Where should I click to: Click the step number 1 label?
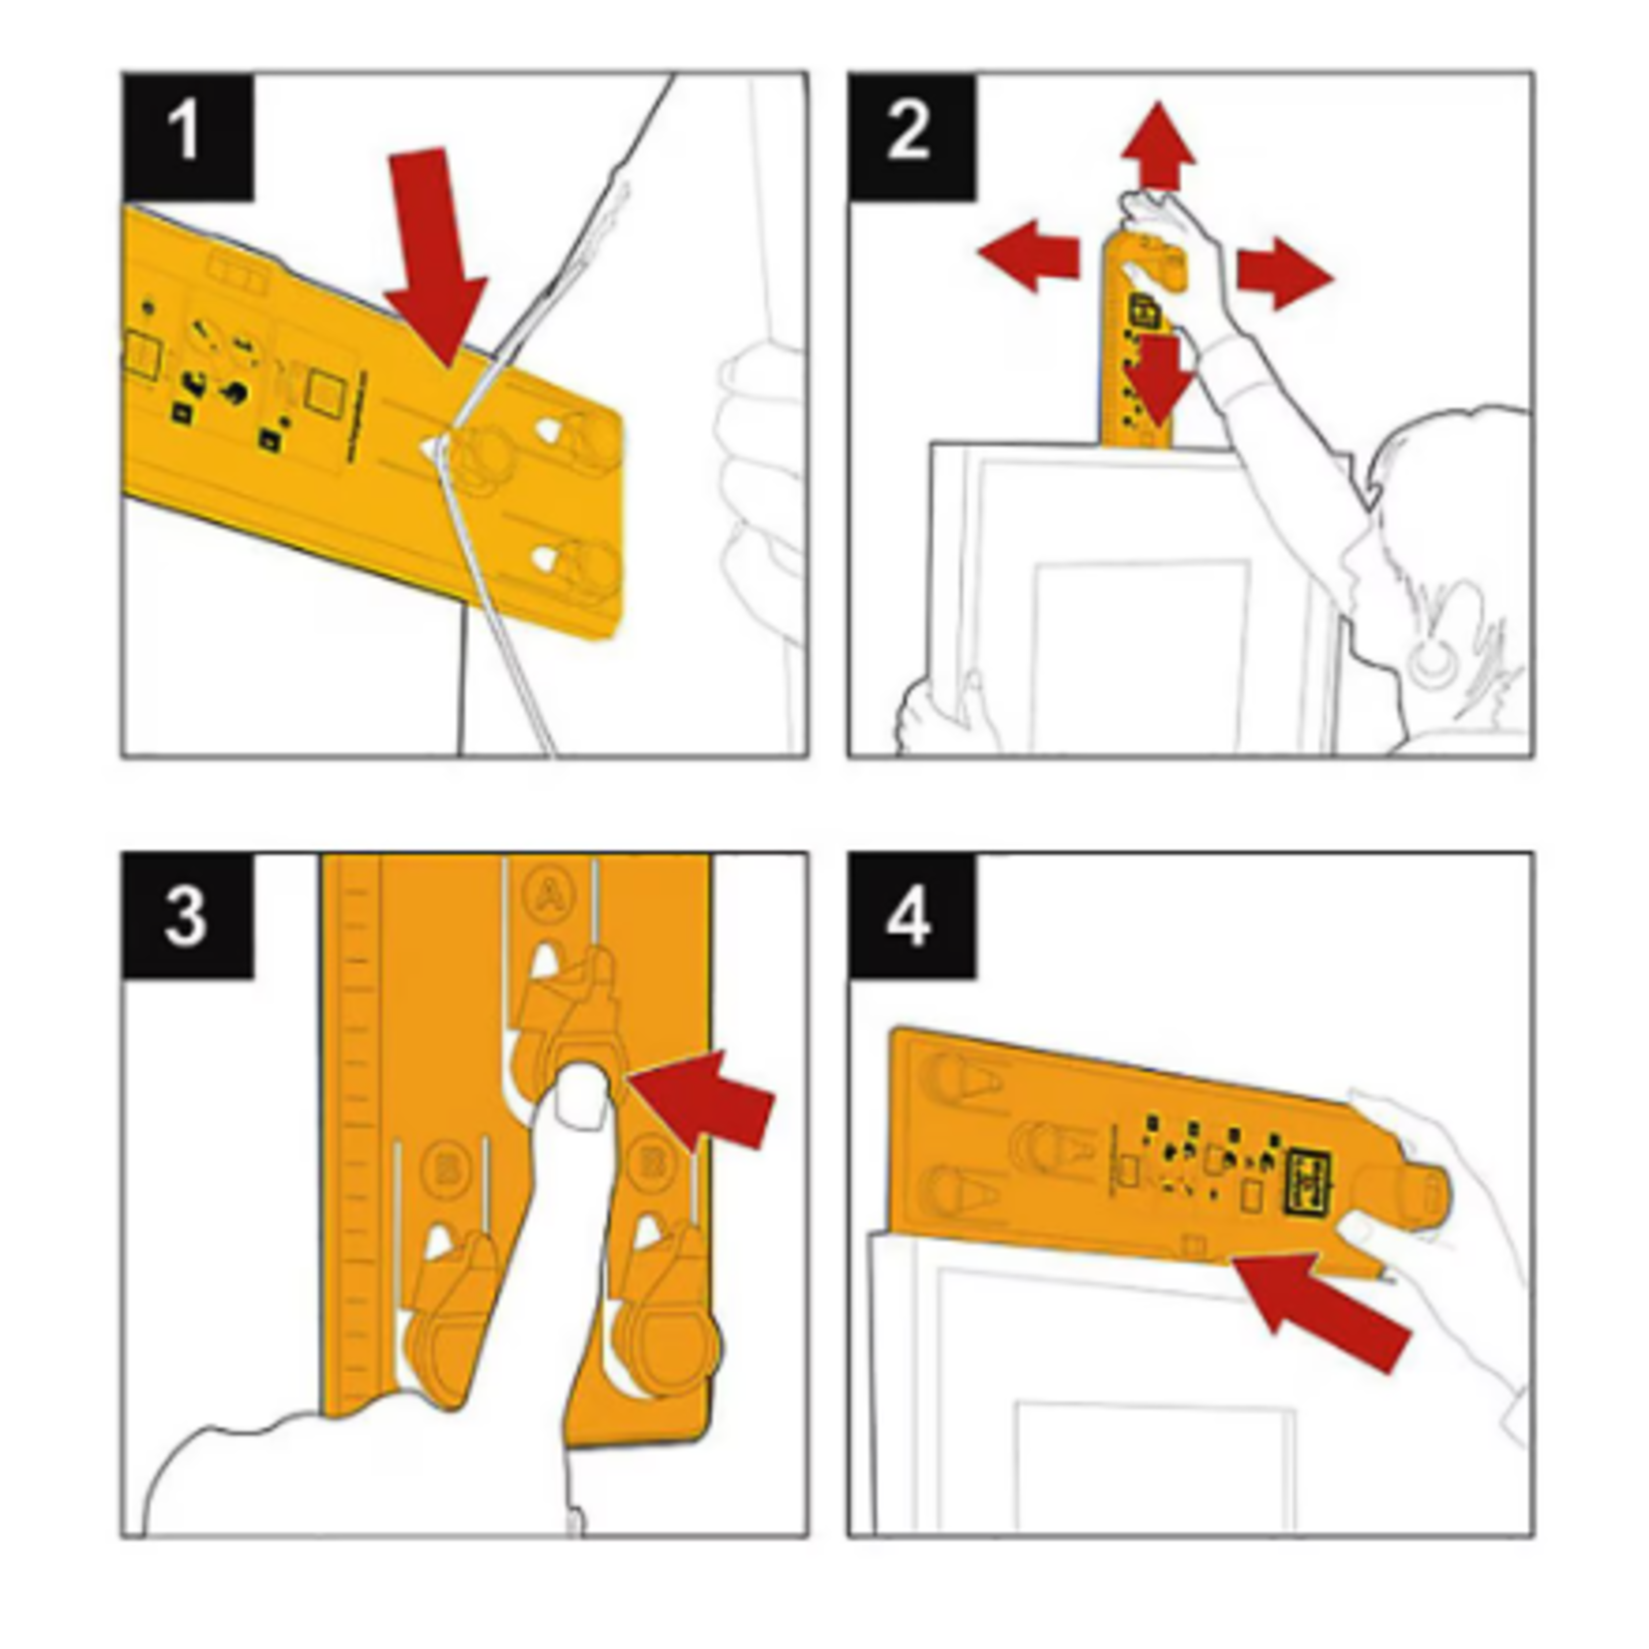tap(188, 136)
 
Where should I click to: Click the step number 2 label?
tap(910, 136)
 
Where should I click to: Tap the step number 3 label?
tap(188, 914)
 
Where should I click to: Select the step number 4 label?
tap(910, 916)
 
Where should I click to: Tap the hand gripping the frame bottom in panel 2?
tap(933, 714)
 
